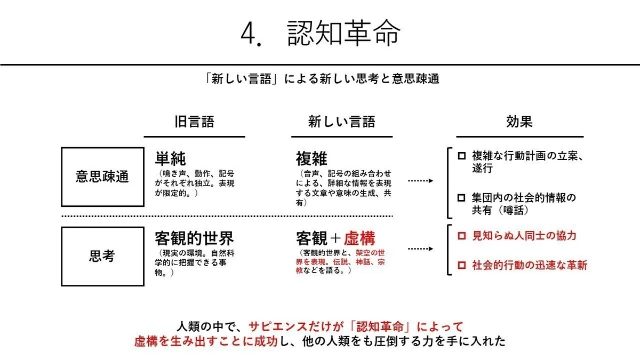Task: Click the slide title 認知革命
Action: (343, 33)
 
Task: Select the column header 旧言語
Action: (194, 122)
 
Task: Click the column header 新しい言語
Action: (342, 122)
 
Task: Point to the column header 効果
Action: (519, 122)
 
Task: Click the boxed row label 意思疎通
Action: (102, 177)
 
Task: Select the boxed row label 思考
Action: (102, 257)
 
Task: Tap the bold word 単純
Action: (170, 159)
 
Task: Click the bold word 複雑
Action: (311, 159)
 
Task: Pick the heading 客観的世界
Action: (194, 238)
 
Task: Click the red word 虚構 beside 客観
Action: (359, 238)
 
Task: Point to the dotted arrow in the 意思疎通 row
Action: (421, 181)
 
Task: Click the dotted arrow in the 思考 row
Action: (421, 249)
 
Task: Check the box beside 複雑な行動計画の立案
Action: (462, 156)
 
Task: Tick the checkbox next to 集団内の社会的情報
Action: (461, 198)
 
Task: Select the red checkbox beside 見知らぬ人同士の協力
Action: (462, 236)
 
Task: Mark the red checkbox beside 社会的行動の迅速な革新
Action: (462, 265)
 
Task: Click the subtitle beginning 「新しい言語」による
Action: (322, 79)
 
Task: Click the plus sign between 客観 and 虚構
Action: (335, 238)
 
